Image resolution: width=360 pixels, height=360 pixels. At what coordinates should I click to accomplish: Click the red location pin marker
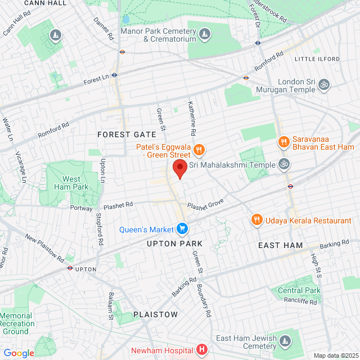[179, 168]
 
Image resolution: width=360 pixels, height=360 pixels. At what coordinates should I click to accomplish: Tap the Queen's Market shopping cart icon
[182, 228]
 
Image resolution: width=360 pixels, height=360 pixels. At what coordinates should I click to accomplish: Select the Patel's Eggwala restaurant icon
[199, 150]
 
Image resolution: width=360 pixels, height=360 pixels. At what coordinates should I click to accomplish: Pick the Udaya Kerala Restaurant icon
[256, 219]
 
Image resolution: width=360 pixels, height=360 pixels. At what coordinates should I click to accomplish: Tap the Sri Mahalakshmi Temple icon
[285, 164]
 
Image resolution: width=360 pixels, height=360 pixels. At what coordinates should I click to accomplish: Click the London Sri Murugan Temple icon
[323, 84]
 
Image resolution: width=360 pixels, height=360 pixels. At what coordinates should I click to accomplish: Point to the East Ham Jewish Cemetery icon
[285, 341]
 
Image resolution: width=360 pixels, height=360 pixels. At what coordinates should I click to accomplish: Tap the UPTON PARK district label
[174, 244]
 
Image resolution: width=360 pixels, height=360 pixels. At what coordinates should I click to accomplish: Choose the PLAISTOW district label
[155, 314]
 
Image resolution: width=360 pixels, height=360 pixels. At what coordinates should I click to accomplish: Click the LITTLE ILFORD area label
[317, 58]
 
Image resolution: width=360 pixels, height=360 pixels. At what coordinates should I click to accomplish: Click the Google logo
[19, 353]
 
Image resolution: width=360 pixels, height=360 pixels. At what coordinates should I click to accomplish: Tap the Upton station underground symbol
[70, 268]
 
